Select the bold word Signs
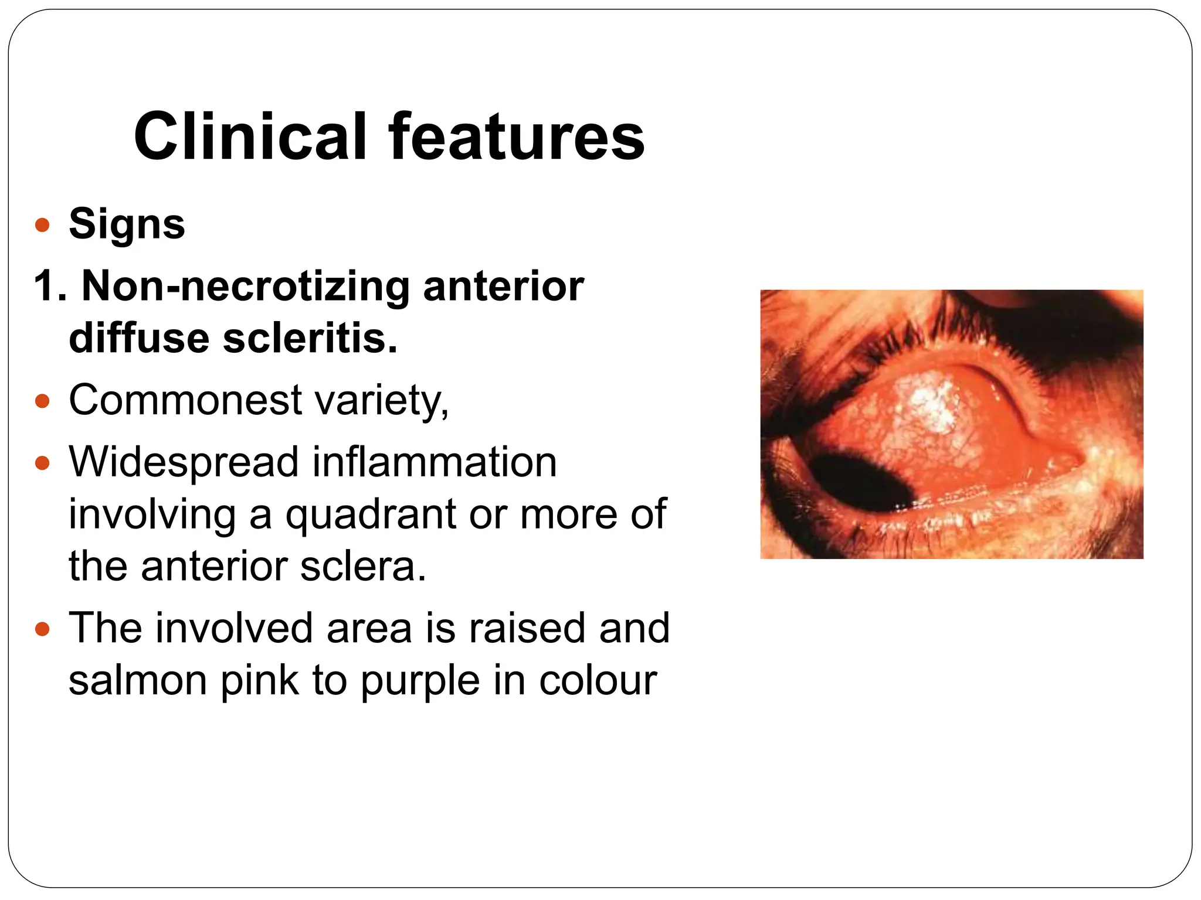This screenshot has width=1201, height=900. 127,224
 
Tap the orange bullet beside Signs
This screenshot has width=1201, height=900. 42,225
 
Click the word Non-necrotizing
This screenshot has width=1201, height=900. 245,287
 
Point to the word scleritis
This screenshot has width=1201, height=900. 310,338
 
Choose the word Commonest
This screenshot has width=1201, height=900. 185,400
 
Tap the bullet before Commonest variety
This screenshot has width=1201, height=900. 42,401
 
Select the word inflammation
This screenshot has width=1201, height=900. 434,462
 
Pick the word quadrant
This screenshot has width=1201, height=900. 370,514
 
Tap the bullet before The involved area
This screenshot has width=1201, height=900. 42,630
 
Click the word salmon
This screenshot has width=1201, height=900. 138,680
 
